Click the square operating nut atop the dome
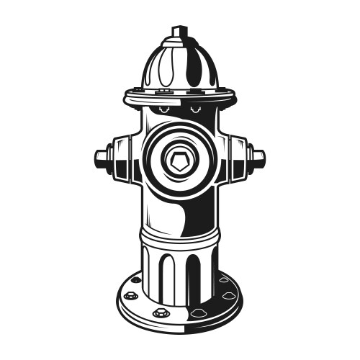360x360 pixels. point(179,32)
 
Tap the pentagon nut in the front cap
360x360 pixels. point(179,160)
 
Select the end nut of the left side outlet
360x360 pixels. point(102,156)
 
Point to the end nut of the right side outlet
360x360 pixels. point(258,156)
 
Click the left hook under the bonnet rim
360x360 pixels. point(164,109)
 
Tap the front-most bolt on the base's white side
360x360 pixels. point(160,312)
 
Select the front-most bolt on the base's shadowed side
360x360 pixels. point(197,312)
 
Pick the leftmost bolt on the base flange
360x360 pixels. point(130,294)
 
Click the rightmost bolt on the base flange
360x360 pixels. point(229,294)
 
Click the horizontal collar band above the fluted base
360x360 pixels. point(179,236)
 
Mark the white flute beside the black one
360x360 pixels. point(167,274)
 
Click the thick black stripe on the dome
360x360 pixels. point(195,68)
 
